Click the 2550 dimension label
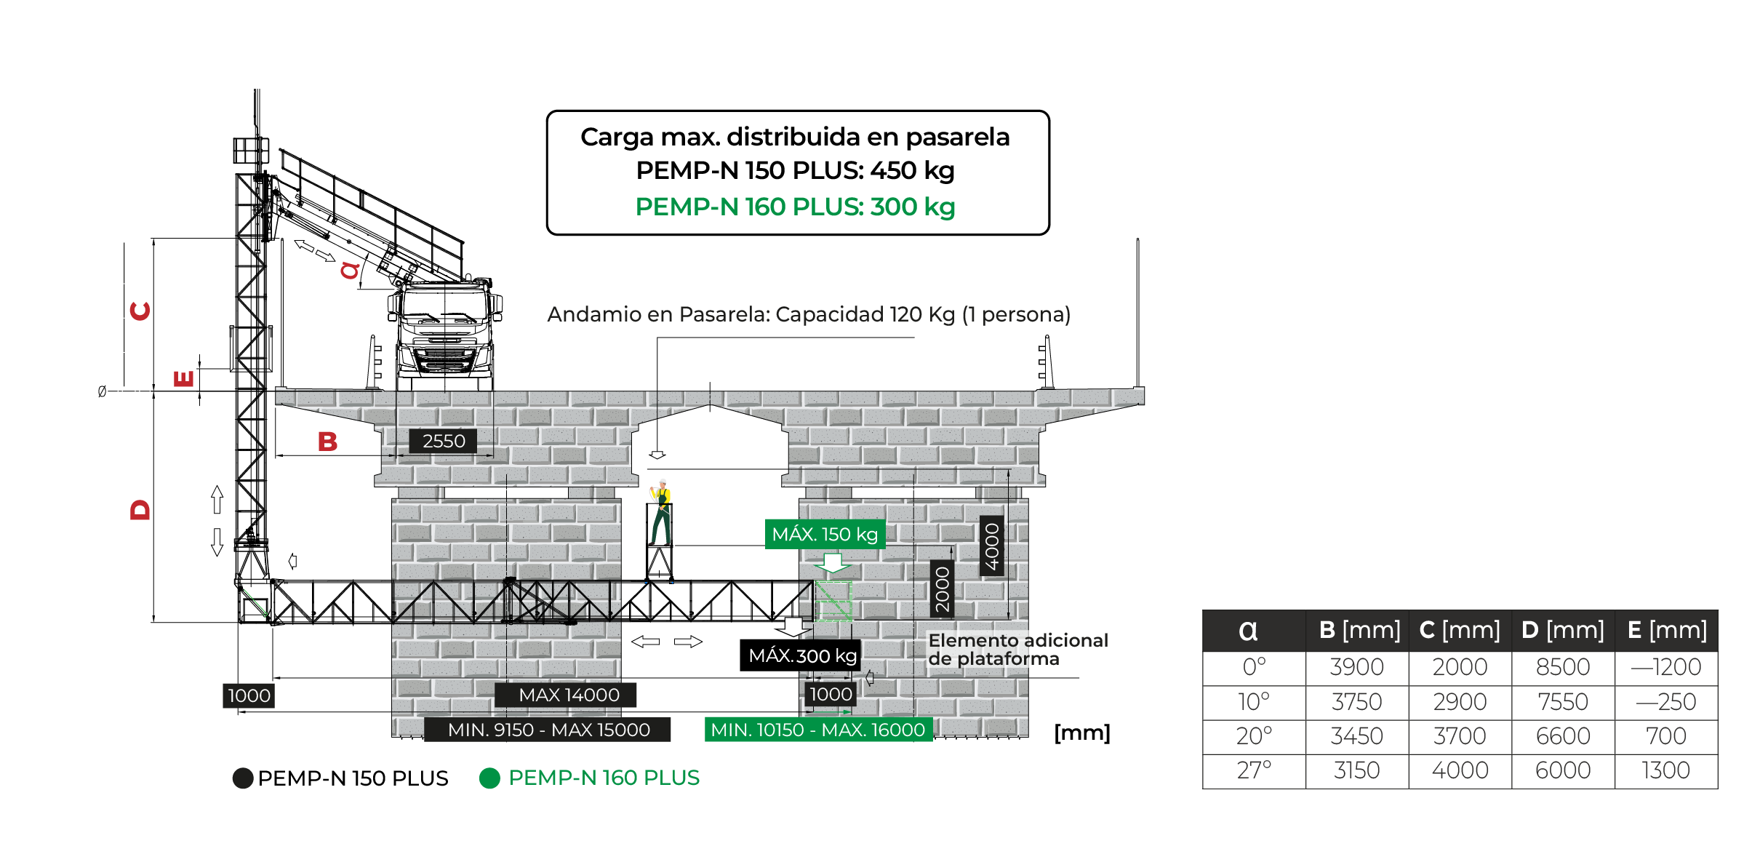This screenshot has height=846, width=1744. [x=443, y=441]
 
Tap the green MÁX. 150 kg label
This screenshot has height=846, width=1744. [x=825, y=534]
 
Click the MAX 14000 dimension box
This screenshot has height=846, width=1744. [x=568, y=695]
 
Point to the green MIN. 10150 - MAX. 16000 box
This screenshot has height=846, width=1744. [x=817, y=730]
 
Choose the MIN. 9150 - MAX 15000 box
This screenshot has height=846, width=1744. [x=548, y=730]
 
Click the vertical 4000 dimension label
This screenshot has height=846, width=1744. [x=991, y=546]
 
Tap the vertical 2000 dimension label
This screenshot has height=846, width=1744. [x=942, y=589]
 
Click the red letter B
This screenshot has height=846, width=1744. [x=327, y=442]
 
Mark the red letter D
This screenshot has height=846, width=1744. [x=140, y=509]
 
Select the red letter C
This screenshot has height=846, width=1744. [x=140, y=311]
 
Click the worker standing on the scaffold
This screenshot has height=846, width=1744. [x=661, y=513]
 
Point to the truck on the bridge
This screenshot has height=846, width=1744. [x=445, y=331]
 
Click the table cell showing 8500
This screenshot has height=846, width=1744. [x=1562, y=667]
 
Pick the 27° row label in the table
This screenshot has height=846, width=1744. [x=1254, y=770]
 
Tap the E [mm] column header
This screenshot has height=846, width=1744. [x=1666, y=630]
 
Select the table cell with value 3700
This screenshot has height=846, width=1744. [x=1459, y=736]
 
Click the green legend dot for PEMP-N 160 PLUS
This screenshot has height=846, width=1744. [x=490, y=778]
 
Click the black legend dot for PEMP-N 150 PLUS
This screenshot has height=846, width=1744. [x=243, y=778]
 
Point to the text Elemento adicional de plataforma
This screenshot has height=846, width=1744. [x=1017, y=650]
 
